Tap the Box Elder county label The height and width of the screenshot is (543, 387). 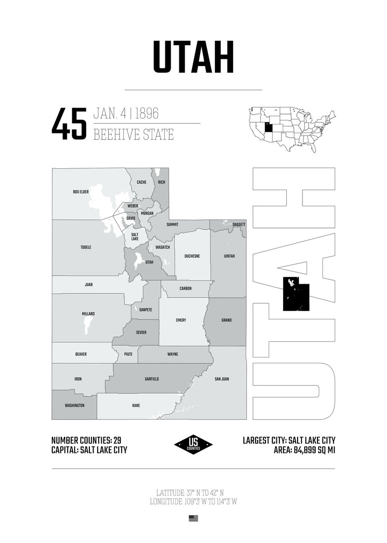click(81, 192)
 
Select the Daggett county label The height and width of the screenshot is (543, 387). click(239, 224)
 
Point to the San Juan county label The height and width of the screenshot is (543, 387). click(222, 379)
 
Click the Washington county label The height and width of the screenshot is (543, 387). click(75, 405)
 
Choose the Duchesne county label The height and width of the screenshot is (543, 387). click(192, 256)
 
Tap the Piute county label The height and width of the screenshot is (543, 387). click(128, 354)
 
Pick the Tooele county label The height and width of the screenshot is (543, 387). click(86, 248)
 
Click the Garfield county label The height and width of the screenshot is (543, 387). click(152, 379)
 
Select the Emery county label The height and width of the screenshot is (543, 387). click(181, 320)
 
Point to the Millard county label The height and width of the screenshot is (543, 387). click(89, 314)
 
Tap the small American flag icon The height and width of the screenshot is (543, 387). click(193, 519)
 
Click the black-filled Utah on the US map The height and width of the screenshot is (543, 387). click(269, 127)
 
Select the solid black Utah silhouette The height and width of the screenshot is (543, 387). click(296, 294)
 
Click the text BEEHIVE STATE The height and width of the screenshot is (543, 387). click(133, 134)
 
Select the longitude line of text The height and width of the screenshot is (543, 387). click(193, 501)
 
